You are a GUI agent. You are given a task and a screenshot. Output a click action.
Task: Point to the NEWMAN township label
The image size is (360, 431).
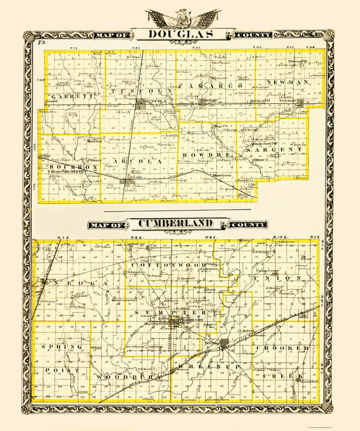coord(289,82)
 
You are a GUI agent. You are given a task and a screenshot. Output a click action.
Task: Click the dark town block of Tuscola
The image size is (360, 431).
coord(141,104)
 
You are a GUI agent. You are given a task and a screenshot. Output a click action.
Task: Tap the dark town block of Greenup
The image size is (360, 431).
coord(224,344)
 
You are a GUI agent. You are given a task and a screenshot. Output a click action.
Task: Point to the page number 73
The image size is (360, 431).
coord(42,44)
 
